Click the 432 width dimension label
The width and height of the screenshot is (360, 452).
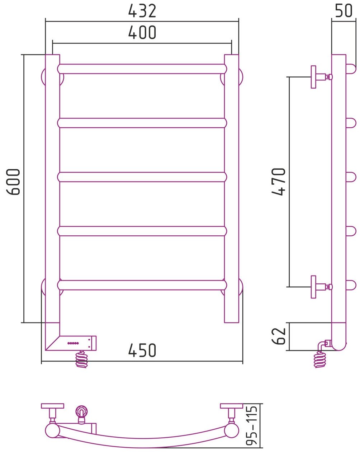pos(142,11)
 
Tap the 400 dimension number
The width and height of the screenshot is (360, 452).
pos(142,33)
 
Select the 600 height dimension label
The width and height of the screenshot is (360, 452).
pos(13,182)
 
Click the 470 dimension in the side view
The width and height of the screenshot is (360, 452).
pos(279,182)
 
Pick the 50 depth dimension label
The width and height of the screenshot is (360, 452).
pos(344,11)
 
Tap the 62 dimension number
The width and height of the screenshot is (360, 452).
pos(279,336)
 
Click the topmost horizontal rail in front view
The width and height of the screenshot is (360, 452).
pos(142,69)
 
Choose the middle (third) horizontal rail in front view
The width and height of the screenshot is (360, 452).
pos(142,177)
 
